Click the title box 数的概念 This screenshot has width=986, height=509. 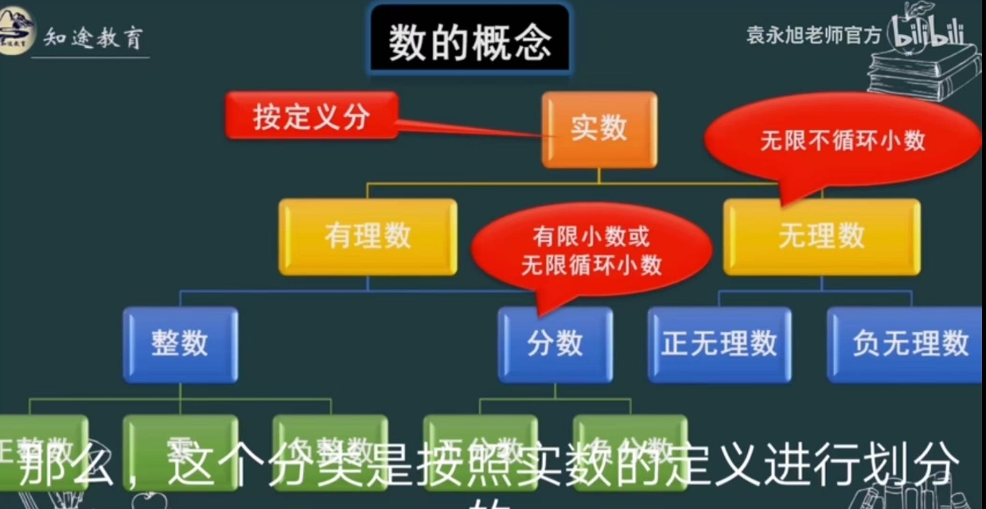[x=470, y=40]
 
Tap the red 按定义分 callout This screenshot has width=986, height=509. [x=311, y=116]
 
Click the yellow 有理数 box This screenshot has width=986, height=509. [x=368, y=237]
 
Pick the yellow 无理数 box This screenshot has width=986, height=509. [x=821, y=237]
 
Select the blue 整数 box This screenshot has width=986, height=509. [x=180, y=344]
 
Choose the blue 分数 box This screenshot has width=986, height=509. [x=555, y=344]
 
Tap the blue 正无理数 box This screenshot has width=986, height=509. [x=719, y=344]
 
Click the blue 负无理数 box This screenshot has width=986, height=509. [x=909, y=344]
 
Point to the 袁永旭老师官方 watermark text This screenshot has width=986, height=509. [x=813, y=35]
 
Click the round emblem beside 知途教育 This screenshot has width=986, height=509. [x=17, y=32]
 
